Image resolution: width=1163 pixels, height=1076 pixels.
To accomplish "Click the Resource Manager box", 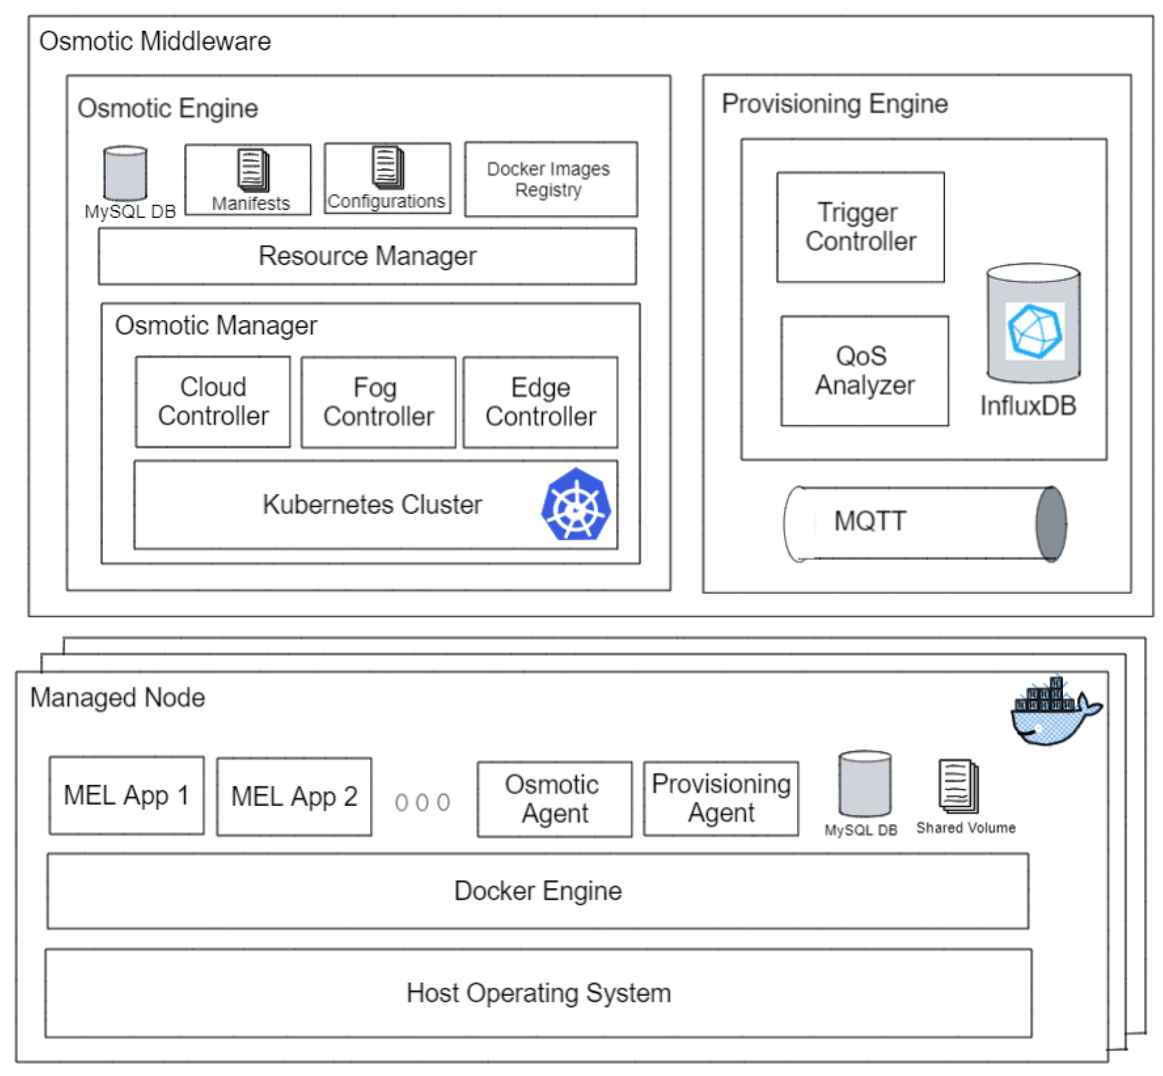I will [367, 256].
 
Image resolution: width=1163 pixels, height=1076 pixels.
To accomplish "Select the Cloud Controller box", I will [212, 402].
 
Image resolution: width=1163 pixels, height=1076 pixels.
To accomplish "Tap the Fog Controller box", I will [378, 402].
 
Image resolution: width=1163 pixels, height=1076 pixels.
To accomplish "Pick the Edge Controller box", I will [540, 402].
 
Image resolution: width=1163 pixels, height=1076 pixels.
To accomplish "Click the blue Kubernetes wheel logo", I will [576, 505].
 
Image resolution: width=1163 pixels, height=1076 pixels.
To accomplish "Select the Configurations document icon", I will [388, 167].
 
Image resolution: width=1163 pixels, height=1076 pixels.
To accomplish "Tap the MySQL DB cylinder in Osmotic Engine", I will [125, 174].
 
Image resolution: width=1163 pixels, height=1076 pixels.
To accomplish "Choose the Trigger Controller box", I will [860, 227].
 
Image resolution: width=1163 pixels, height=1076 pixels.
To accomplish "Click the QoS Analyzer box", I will [864, 371].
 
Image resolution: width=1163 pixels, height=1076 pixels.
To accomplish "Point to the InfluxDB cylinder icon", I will [1033, 323].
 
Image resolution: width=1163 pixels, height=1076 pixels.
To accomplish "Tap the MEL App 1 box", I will [126, 795].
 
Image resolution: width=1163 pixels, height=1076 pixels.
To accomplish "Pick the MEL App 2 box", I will [294, 796].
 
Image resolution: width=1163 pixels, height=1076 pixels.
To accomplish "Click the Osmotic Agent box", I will [554, 799].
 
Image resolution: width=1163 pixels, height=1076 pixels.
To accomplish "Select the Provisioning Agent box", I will [721, 798].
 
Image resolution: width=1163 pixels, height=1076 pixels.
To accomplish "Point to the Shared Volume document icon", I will [958, 786].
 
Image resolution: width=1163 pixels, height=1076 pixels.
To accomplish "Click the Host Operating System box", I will [538, 993].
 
